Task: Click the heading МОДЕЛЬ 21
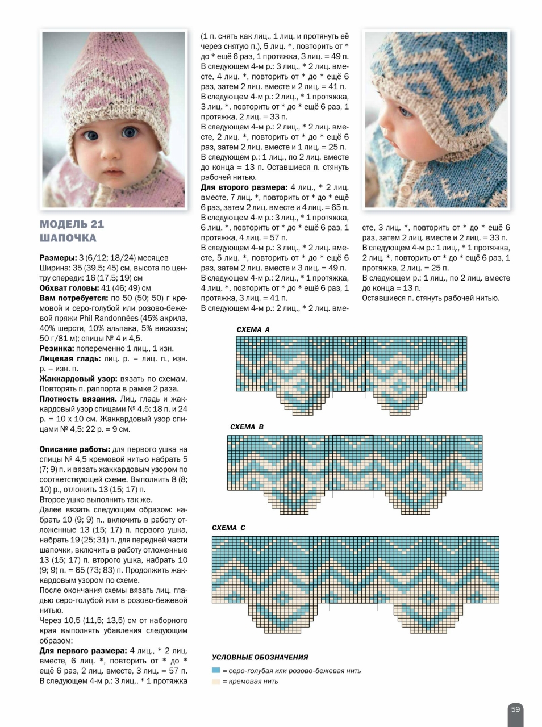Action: [72, 224]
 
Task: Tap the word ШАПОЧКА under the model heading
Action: [68, 238]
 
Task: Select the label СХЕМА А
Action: [253, 329]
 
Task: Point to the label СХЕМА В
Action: [247, 427]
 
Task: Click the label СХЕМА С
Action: [228, 528]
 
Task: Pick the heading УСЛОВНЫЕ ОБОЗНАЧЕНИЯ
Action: [260, 657]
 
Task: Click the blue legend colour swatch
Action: [216, 671]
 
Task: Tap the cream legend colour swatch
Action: [216, 681]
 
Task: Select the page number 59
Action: [515, 709]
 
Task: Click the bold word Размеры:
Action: [58, 258]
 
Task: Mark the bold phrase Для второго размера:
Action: [244, 187]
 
